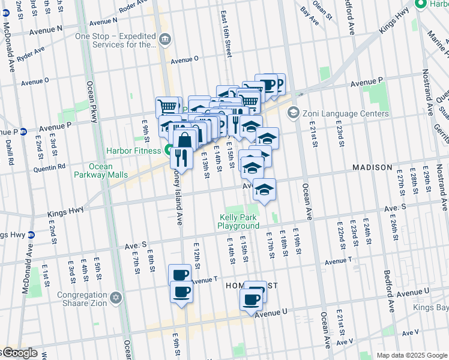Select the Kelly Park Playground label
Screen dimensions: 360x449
click(238, 221)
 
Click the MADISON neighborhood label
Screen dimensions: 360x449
click(372, 167)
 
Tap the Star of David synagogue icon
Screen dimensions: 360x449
click(116, 298)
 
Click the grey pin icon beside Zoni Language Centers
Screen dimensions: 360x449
click(294, 112)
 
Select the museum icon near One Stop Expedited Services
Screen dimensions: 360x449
click(165, 40)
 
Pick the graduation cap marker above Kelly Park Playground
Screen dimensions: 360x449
click(264, 190)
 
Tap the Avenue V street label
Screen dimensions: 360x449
click(411, 332)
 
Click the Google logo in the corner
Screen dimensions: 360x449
click(19, 353)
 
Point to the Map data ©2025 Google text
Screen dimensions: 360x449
click(412, 355)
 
